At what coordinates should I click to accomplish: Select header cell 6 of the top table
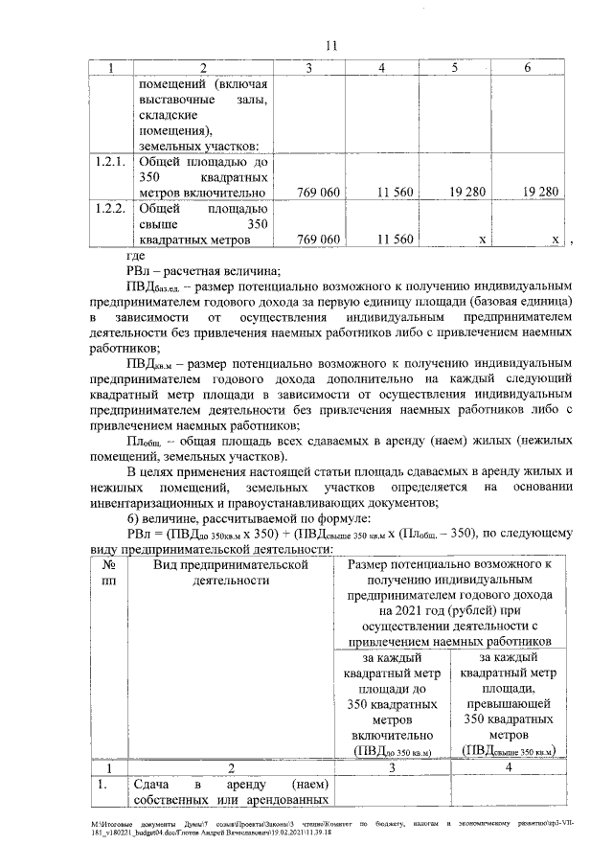click(x=528, y=68)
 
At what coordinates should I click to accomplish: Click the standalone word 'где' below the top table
click(x=135, y=255)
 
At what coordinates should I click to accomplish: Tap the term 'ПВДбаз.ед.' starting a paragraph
click(x=156, y=285)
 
